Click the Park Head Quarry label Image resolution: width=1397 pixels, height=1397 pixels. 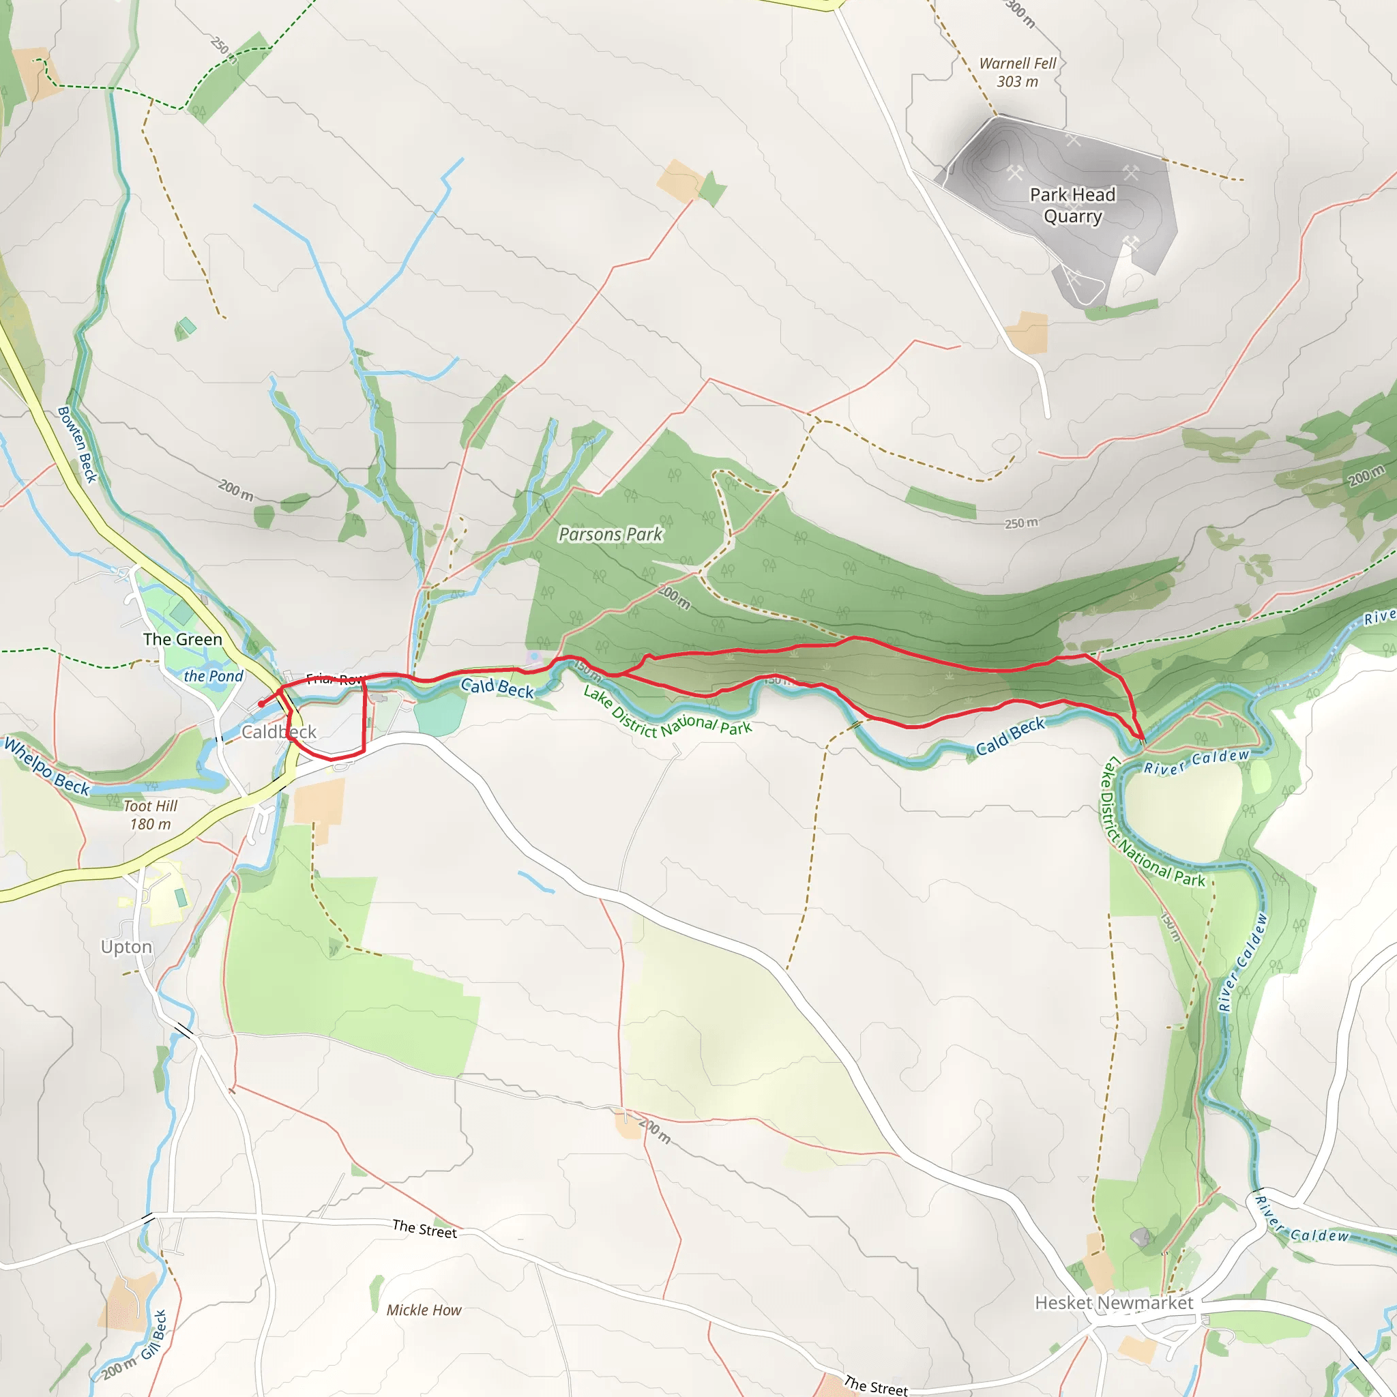click(x=1072, y=205)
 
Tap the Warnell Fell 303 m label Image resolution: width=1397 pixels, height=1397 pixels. click(x=1017, y=72)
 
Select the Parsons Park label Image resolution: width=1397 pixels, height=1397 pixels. click(x=611, y=534)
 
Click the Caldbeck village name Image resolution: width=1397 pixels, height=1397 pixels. click(x=278, y=732)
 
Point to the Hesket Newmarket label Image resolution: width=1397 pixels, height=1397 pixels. click(x=1113, y=1302)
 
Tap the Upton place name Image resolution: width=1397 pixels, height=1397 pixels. click(x=127, y=947)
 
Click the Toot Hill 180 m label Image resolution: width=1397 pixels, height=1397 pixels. click(x=150, y=815)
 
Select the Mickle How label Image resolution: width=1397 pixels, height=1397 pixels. click(x=424, y=1310)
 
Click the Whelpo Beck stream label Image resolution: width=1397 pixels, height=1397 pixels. click(x=47, y=766)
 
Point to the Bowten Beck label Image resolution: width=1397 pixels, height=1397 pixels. click(x=77, y=445)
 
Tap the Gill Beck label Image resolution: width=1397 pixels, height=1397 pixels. click(x=154, y=1335)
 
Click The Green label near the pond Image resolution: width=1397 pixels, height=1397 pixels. click(x=182, y=639)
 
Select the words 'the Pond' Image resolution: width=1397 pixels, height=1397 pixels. click(x=214, y=676)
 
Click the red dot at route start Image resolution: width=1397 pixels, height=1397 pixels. click(x=261, y=703)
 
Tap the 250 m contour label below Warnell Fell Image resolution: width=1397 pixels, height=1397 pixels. click(x=1021, y=523)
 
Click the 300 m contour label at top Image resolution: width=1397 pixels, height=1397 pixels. click(x=1020, y=13)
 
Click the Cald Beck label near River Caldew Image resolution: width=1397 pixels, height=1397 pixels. click(x=1010, y=736)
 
